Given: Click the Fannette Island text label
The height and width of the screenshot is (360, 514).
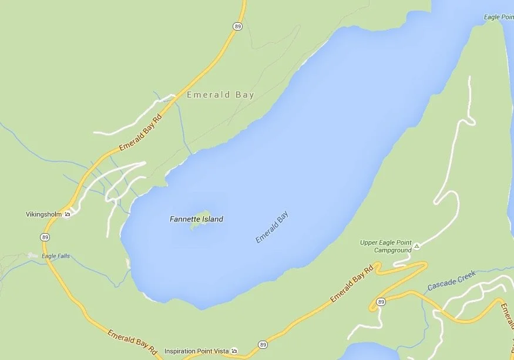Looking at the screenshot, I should [x=196, y=219].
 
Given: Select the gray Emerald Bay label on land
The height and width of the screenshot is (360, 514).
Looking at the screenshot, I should [x=220, y=95].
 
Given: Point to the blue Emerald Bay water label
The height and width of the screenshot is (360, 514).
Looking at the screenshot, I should [x=273, y=228].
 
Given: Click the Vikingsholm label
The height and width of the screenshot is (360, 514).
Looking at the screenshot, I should [x=43, y=214].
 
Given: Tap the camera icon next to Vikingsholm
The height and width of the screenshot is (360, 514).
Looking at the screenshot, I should [x=68, y=214].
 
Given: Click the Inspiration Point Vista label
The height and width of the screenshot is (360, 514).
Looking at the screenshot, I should [x=196, y=351].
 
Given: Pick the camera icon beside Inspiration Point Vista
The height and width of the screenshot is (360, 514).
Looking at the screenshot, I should [x=234, y=351].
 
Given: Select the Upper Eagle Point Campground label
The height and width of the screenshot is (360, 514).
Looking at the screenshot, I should [x=386, y=246].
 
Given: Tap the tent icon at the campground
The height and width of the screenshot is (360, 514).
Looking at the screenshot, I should [x=416, y=246].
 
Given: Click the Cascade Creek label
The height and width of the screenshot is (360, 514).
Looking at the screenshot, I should [x=451, y=280].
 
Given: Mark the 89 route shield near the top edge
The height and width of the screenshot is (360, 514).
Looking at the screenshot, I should [x=237, y=26].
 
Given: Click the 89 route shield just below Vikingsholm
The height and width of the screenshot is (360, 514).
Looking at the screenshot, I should [x=45, y=237].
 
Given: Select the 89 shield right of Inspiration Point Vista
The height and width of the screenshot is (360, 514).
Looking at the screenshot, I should [x=263, y=344].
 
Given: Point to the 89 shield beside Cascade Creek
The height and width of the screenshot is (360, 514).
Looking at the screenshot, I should [x=381, y=302].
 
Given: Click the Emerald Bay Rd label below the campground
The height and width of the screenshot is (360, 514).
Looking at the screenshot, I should [x=352, y=285].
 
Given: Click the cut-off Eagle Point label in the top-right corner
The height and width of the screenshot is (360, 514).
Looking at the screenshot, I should [x=499, y=17].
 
